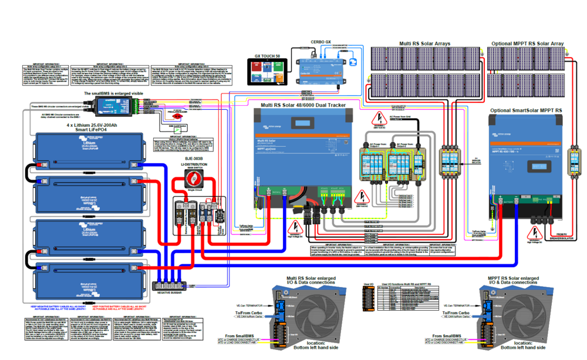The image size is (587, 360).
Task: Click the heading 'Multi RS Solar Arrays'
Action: point(424,43)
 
